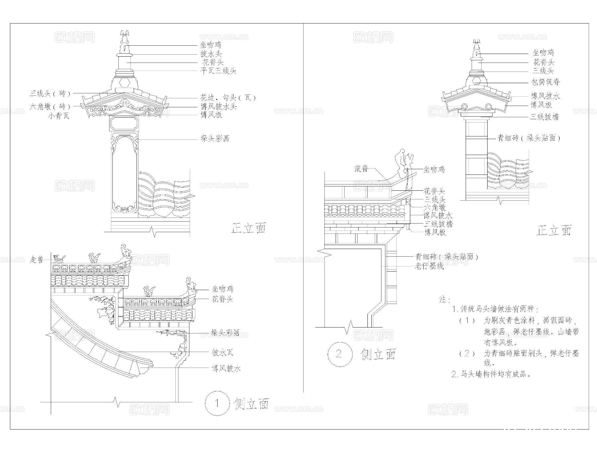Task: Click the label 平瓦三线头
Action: [218, 71]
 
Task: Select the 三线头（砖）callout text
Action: [50, 94]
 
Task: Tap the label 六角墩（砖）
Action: [50, 107]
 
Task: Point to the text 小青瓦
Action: [59, 116]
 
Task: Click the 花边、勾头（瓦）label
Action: [228, 98]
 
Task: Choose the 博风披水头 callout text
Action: [219, 107]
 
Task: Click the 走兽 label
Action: [36, 260]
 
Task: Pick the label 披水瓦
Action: [223, 352]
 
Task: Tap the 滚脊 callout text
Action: [362, 169]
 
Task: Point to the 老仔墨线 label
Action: [429, 266]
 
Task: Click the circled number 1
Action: [217, 403]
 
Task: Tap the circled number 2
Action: [339, 354]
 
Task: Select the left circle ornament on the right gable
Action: [464, 107]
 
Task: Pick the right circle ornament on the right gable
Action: [489, 107]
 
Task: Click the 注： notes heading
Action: [444, 300]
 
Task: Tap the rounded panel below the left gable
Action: [124, 124]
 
